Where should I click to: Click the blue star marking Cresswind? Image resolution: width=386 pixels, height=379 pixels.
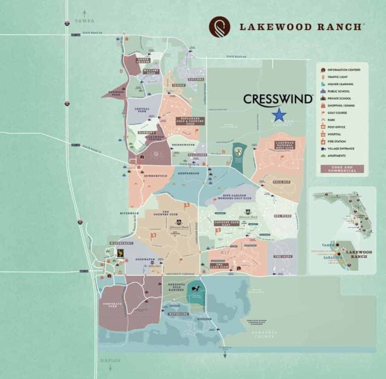(279, 115)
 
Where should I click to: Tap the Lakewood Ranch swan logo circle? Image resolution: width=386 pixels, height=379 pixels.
(220, 27)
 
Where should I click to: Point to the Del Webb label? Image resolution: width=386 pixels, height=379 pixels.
(282, 216)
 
